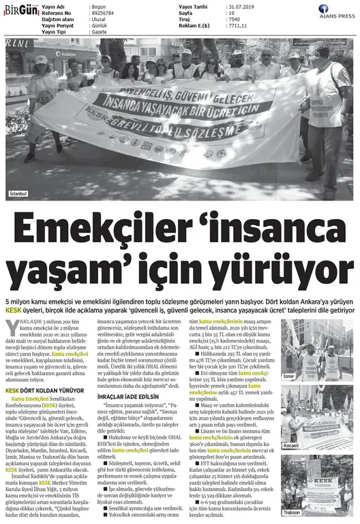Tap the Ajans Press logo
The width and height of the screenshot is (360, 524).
[333, 13]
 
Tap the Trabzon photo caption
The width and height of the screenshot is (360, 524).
[292, 513]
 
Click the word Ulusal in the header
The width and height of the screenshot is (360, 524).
[99, 18]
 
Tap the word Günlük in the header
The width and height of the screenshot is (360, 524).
[100, 25]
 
